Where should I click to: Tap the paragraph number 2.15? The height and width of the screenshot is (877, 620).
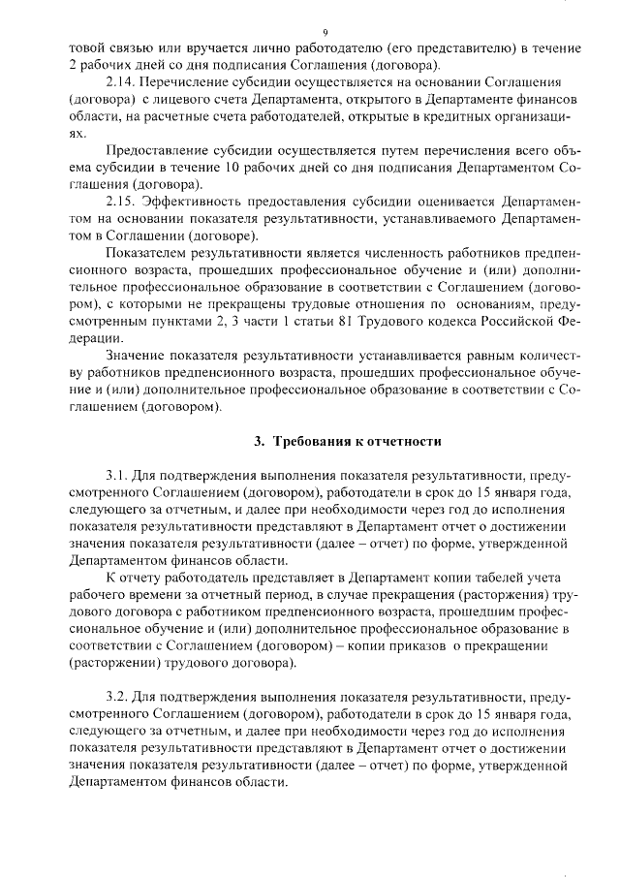pyautogui.click(x=121, y=202)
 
